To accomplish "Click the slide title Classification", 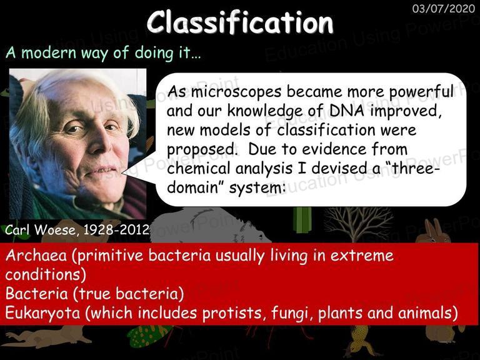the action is coord(240,22).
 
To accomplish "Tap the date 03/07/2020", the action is coord(444,8).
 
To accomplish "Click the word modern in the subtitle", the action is coord(49,52).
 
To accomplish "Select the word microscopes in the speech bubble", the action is coord(236,92).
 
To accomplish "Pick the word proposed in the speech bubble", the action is coord(201,150).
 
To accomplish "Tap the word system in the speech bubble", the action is coord(257,187).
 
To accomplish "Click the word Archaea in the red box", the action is coord(36,255).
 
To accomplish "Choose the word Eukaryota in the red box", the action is coord(42,313).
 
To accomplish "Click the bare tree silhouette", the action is coord(359,224).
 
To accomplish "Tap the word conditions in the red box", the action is coord(45,274).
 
